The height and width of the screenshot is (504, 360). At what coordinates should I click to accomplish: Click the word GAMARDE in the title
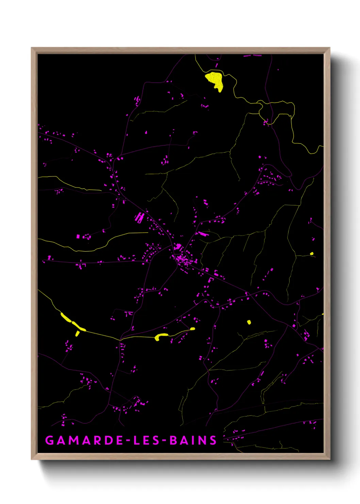[84, 440]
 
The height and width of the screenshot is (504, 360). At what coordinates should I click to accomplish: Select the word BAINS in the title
[193, 440]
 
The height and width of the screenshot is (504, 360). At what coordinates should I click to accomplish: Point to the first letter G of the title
[49, 440]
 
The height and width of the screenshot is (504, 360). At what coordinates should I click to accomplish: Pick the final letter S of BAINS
[213, 440]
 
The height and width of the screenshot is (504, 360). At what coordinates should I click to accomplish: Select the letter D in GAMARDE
[108, 440]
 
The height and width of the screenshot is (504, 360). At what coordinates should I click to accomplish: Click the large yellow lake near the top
[215, 80]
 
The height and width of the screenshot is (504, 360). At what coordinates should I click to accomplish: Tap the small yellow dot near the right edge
[312, 253]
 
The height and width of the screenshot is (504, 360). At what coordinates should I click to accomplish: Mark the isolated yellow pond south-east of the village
[249, 322]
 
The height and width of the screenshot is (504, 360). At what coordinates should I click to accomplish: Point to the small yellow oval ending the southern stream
[193, 329]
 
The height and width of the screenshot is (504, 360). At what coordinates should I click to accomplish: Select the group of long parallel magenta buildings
[139, 217]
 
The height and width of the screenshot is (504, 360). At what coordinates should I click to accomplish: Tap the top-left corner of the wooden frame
[32, 48]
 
